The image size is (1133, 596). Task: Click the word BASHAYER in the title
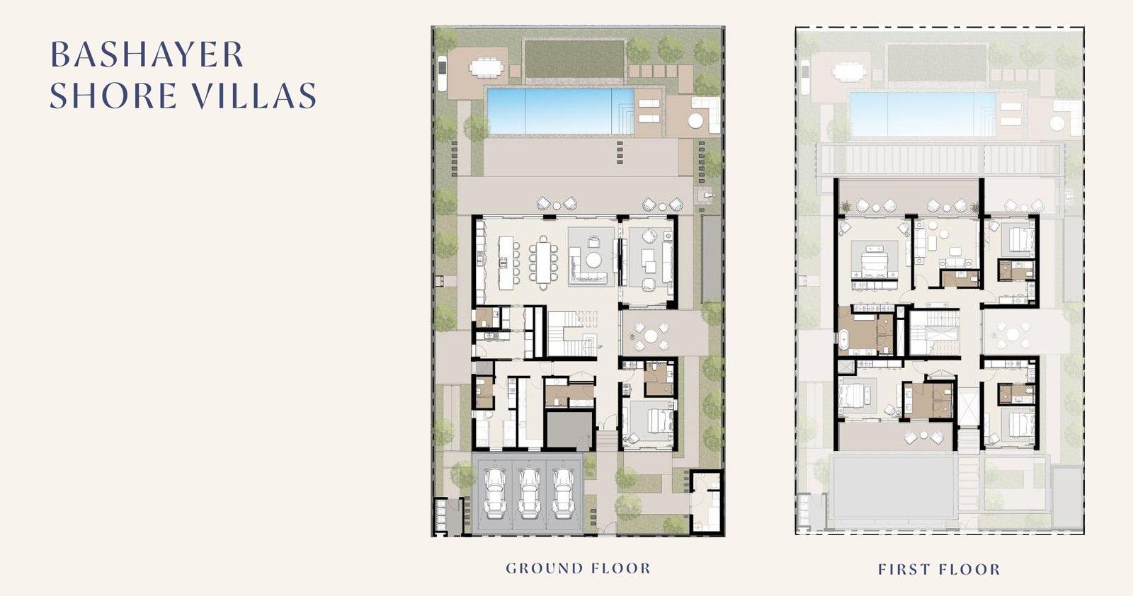click(147, 55)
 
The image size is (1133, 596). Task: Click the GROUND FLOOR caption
click(578, 568)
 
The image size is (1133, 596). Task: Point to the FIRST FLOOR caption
click(939, 570)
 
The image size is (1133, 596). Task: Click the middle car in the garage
click(528, 493)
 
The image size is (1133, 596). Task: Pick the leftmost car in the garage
click(494, 493)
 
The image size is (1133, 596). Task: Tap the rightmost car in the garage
click(562, 493)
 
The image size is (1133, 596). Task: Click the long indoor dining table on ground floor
click(543, 263)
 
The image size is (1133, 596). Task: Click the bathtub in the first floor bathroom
click(843, 340)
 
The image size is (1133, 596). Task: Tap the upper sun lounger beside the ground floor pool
click(649, 103)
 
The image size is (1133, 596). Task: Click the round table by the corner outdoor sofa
click(695, 121)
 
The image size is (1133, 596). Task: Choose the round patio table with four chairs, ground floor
click(651, 336)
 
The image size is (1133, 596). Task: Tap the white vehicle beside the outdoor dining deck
click(442, 74)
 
